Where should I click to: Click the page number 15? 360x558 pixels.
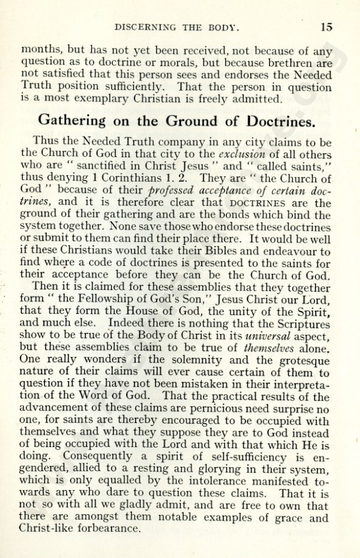point(326,26)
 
